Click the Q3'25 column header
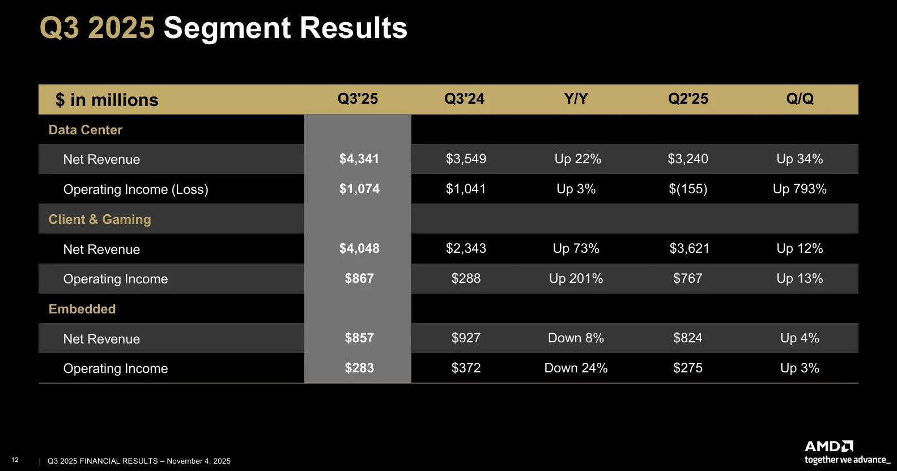pos(358,99)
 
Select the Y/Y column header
pos(576,99)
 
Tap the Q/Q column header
pos(800,99)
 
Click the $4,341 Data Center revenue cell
pos(359,159)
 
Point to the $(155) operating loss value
pos(688,189)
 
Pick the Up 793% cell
pos(800,189)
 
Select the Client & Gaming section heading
pos(100,219)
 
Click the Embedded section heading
pos(82,309)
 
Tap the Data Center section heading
pos(86,130)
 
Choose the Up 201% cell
pos(576,278)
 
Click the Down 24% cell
pos(576,368)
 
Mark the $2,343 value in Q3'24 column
pos(466,248)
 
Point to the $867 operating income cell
pos(359,278)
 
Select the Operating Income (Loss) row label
pos(135,189)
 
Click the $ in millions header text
pos(107,100)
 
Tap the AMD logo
pos(829,447)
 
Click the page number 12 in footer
pos(15,460)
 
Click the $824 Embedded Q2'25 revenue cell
pos(687,338)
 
